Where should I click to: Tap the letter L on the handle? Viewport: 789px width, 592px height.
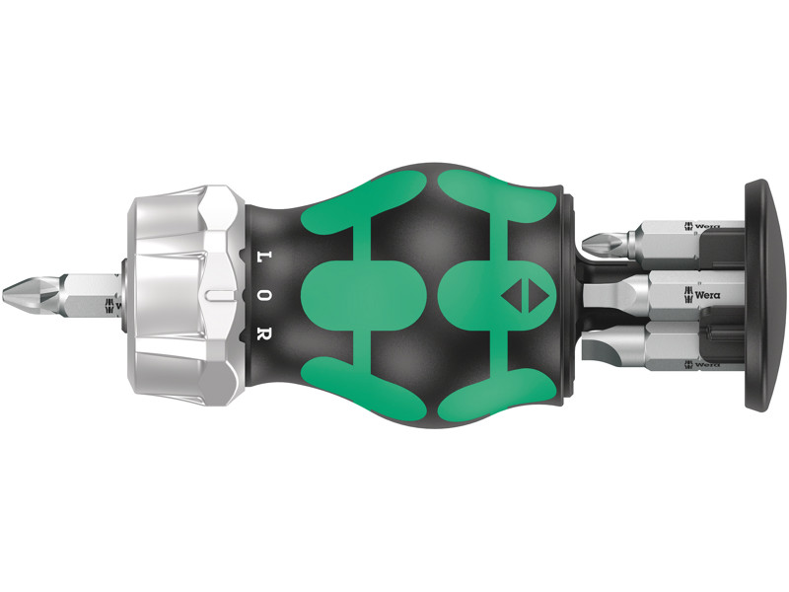263,255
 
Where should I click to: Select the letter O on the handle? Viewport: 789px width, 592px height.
263,294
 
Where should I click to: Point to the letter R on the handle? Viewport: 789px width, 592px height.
263,333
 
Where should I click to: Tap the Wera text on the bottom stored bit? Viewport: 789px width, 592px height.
704,364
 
